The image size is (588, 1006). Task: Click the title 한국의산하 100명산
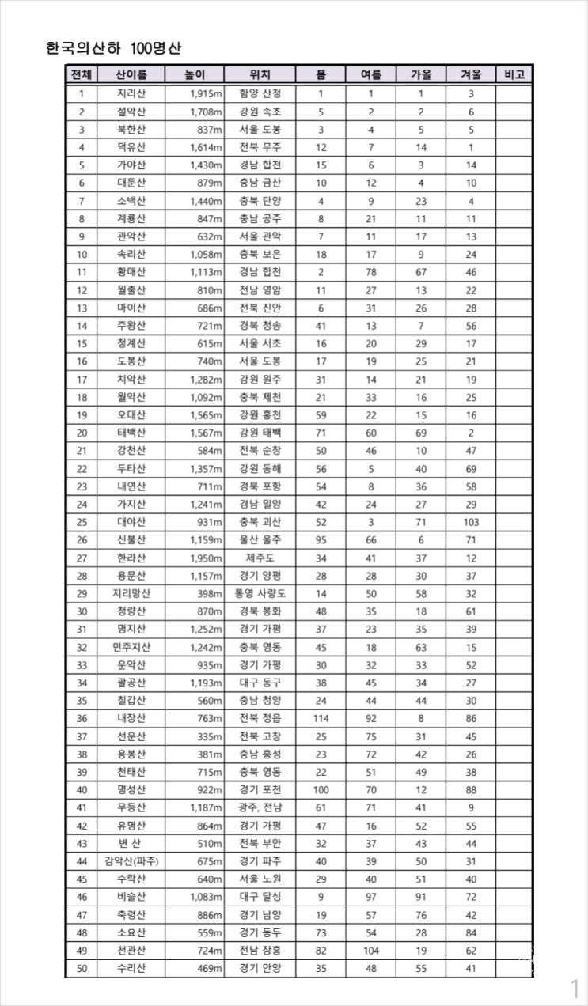click(114, 47)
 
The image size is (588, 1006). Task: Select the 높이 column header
click(194, 75)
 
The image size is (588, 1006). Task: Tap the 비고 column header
click(514, 75)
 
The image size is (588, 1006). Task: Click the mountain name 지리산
click(131, 93)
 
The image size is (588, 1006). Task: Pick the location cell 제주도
click(260, 558)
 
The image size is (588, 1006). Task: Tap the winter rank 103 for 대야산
click(471, 522)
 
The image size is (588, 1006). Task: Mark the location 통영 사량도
click(260, 593)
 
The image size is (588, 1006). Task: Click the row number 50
click(82, 968)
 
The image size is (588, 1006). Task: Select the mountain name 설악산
click(131, 112)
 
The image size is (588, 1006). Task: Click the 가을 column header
click(421, 75)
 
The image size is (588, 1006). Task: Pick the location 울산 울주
click(260, 539)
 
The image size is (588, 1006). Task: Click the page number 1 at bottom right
click(575, 988)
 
